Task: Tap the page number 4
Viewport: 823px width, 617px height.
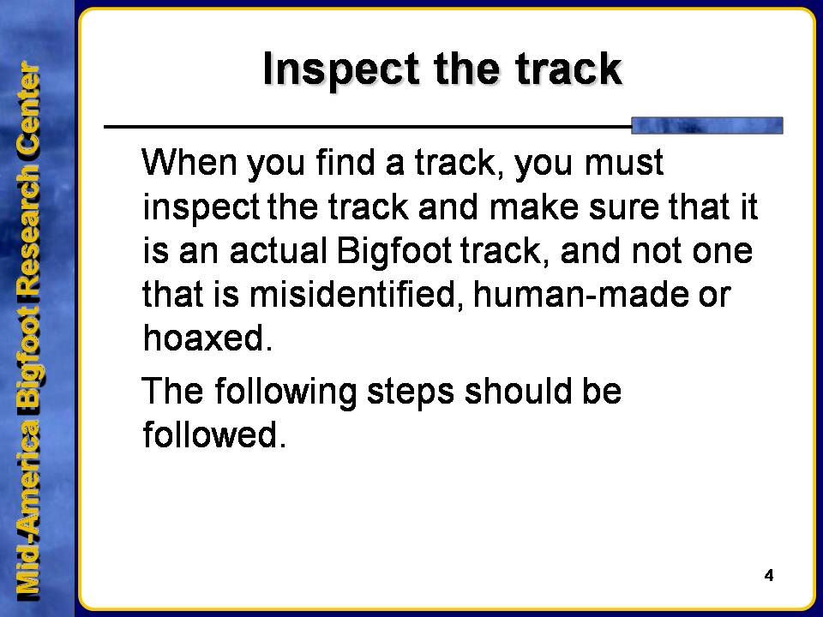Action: (769, 576)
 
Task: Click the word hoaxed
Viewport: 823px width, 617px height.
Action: (207, 338)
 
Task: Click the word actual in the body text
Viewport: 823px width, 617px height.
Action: (279, 250)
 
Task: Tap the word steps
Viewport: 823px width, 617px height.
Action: (411, 392)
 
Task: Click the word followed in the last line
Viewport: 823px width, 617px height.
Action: (214, 434)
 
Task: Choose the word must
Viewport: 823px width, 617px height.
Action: (625, 163)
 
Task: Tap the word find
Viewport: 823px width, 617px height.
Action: (345, 162)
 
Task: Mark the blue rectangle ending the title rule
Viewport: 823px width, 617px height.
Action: (707, 126)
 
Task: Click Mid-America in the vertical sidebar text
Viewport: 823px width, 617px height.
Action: (29, 511)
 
